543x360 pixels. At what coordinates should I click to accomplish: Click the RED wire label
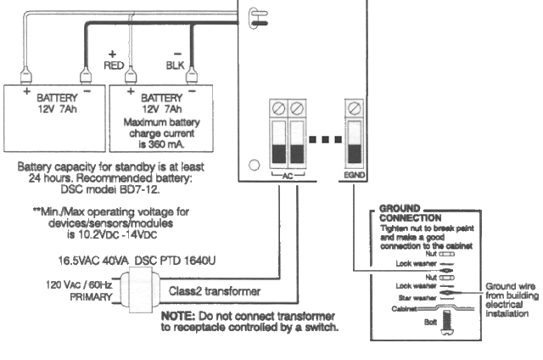click(x=114, y=64)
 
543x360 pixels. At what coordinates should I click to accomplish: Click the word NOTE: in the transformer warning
click(x=176, y=314)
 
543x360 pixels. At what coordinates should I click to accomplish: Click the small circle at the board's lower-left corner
click(x=253, y=166)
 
